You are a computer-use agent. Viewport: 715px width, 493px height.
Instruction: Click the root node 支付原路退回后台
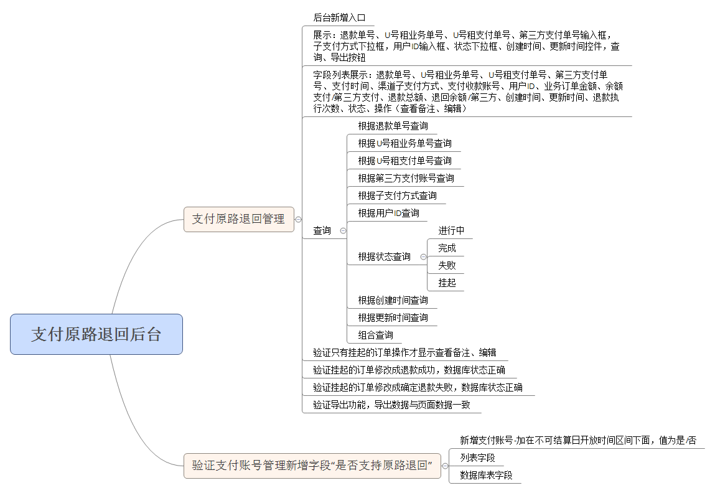tap(96, 334)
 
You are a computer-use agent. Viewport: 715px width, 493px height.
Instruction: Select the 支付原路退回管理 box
tap(238, 219)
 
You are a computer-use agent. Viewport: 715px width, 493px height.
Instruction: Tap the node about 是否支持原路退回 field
tap(312, 466)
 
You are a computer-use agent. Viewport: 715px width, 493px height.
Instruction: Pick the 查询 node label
tap(322, 230)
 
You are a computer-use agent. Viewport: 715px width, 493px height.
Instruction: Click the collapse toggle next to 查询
tap(343, 230)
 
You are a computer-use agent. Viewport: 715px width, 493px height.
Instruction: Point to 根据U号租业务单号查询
tap(404, 143)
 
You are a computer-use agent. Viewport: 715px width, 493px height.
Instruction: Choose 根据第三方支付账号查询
tap(406, 178)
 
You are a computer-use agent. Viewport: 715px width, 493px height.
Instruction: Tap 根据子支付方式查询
tap(397, 195)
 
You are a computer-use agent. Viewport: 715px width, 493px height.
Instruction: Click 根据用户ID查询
tap(388, 213)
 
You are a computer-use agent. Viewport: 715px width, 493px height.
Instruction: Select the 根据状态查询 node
tap(384, 256)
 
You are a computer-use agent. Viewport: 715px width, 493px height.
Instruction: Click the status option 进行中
tap(451, 230)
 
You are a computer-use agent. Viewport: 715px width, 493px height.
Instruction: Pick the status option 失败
tap(447, 265)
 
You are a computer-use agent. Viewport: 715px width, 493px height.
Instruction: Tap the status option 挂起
tap(447, 283)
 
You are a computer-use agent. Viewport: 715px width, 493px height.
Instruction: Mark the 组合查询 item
tap(375, 335)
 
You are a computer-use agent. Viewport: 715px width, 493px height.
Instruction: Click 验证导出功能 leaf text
tap(391, 405)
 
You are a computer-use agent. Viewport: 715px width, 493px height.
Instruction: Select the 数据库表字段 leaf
tap(486, 475)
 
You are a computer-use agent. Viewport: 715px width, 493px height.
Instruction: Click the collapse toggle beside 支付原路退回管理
tap(299, 219)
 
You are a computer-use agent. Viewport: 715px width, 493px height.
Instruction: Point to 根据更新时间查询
tap(393, 317)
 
